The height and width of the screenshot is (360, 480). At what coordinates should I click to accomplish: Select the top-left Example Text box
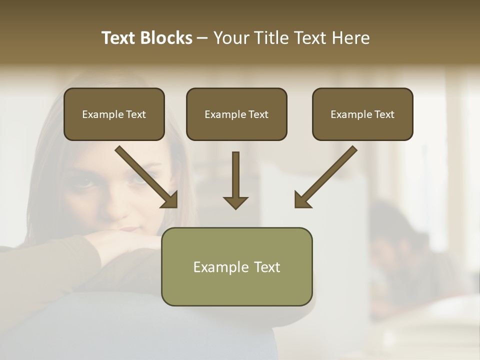pyautogui.click(x=114, y=114)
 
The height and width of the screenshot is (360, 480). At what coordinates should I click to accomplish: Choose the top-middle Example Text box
pyautogui.click(x=236, y=114)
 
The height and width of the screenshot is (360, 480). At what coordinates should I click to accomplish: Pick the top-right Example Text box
pyautogui.click(x=362, y=114)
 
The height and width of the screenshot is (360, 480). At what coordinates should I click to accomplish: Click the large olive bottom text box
pyautogui.click(x=236, y=266)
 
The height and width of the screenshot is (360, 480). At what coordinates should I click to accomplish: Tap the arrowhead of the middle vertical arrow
pyautogui.click(x=235, y=202)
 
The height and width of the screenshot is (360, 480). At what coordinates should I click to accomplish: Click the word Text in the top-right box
pyautogui.click(x=384, y=114)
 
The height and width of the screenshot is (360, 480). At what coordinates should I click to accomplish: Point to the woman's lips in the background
pyautogui.click(x=129, y=229)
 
